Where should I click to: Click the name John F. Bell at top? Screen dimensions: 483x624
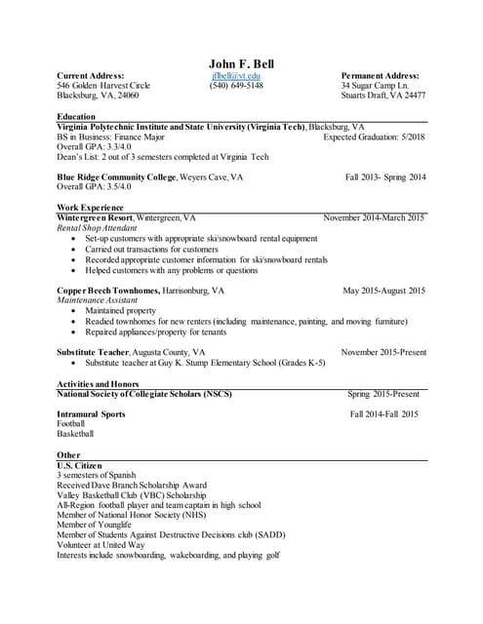coord(241,64)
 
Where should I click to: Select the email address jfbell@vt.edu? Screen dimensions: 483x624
coord(235,75)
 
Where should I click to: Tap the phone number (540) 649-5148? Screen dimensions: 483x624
coord(235,86)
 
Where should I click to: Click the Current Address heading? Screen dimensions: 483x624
coord(91,75)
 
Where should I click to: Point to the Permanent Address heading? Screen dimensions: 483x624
coord(380,75)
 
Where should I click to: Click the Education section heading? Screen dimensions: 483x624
coord(77,116)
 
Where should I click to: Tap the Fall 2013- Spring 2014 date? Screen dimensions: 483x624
coord(385,177)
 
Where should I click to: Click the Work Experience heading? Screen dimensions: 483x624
coord(90,208)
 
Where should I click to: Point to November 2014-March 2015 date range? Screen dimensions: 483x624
coord(374,218)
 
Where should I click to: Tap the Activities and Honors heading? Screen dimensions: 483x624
coord(98,383)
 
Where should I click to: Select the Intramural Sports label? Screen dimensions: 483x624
coord(92,414)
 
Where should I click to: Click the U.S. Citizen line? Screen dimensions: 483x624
coord(83,465)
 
